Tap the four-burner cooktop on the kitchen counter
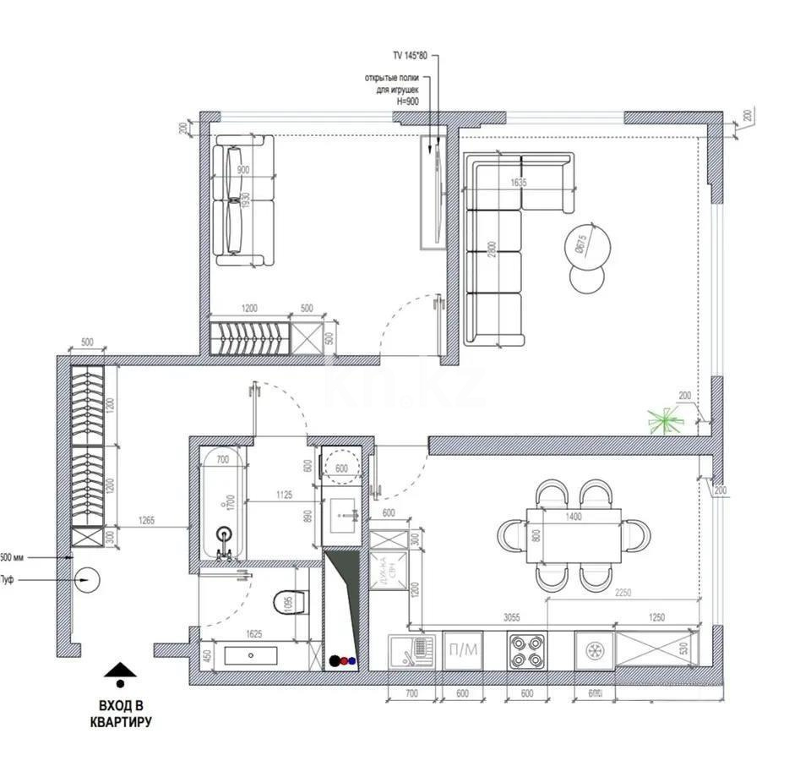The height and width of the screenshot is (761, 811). point(526,651)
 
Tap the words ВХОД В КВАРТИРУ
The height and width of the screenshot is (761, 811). point(121,714)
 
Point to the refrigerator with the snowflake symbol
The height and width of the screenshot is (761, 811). point(594,651)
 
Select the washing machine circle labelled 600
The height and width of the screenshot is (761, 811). point(342,468)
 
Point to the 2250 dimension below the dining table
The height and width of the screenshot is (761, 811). point(623,593)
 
